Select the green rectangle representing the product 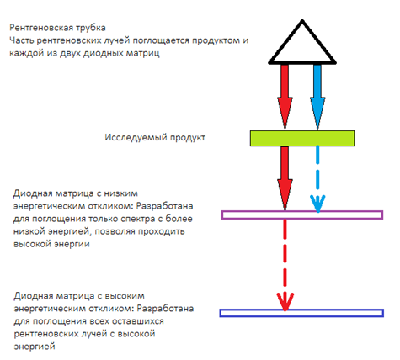pos(302,138)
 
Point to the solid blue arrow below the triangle pos(317,98)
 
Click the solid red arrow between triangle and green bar pos(285,98)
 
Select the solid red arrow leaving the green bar pos(285,178)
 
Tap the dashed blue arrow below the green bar pos(317,179)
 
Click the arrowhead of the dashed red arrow pos(285,302)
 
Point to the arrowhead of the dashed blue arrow pos(317,204)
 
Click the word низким pos(121,193)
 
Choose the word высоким pos(125,296)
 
